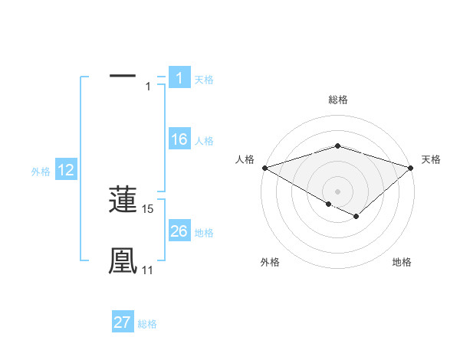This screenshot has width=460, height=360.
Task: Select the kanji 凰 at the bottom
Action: click(123, 260)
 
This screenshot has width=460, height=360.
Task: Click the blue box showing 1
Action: click(179, 78)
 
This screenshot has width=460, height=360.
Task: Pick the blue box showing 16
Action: click(179, 139)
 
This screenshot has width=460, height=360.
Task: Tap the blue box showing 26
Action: click(179, 231)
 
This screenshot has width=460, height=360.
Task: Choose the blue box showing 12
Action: click(65, 170)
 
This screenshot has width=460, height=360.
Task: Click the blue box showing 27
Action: click(123, 322)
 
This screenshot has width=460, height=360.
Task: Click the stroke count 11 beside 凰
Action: click(147, 270)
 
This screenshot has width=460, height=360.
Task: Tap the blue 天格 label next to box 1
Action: click(204, 80)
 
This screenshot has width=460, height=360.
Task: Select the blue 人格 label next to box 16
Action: click(204, 141)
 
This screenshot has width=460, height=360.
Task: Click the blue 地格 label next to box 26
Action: click(204, 233)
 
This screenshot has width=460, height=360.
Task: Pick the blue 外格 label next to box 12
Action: click(41, 172)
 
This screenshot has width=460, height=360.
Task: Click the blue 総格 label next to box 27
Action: click(147, 324)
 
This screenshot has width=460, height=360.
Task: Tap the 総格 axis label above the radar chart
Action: click(337, 100)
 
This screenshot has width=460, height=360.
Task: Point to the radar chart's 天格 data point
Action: click(412, 167)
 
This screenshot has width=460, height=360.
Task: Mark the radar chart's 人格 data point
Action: click(264, 167)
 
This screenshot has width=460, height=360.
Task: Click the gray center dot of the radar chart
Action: click(337, 191)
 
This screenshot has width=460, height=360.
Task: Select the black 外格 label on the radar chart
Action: click(270, 263)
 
